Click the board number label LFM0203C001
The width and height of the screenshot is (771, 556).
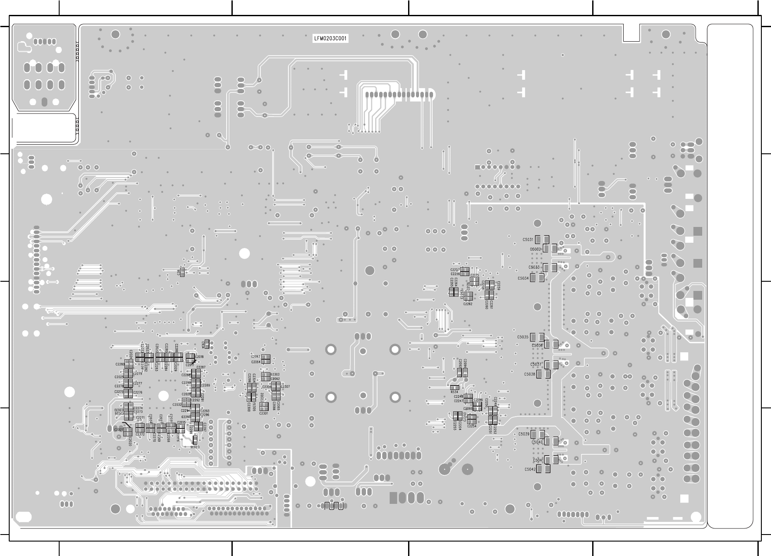click(x=331, y=39)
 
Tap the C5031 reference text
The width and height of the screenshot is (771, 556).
click(x=528, y=240)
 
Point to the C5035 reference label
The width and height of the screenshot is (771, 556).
click(x=522, y=337)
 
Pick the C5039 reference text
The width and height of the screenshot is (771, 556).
click(x=524, y=434)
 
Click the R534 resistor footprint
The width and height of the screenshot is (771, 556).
click(x=455, y=387)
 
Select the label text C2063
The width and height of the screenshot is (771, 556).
click(x=256, y=357)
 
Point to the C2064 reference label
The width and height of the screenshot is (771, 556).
click(x=256, y=362)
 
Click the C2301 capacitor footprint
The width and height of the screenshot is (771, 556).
click(x=264, y=407)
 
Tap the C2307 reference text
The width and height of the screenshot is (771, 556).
click(x=285, y=386)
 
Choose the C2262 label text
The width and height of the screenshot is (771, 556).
click(x=468, y=304)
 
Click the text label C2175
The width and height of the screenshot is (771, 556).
click(x=474, y=275)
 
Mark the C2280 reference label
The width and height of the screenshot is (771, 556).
click(x=120, y=364)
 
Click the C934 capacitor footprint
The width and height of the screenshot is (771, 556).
click(x=207, y=344)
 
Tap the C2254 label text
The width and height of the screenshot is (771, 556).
click(x=472, y=426)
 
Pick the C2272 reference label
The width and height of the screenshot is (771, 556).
click(x=140, y=434)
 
